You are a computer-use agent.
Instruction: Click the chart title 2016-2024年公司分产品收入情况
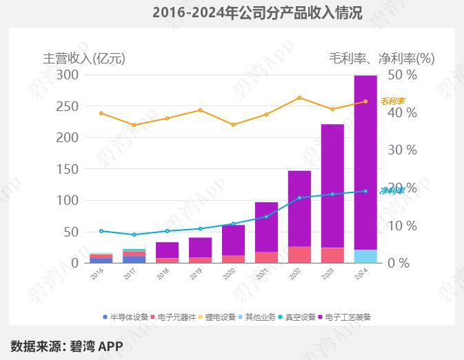pyautogui.click(x=256, y=13)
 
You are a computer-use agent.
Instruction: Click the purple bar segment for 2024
pyautogui.click(x=365, y=162)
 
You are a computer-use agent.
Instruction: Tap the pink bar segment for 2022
pyautogui.click(x=299, y=254)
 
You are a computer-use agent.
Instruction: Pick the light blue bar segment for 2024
pyautogui.click(x=365, y=257)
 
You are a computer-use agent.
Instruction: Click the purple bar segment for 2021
pyautogui.click(x=266, y=227)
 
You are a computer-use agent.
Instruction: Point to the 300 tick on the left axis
pyautogui.click(x=67, y=74)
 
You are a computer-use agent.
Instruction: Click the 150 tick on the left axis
pyautogui.click(x=67, y=169)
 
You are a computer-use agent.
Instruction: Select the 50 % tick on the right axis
pyautogui.click(x=403, y=74)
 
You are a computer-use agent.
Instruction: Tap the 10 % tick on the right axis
pyautogui.click(x=403, y=226)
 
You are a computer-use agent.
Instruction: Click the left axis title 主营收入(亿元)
pyautogui.click(x=84, y=58)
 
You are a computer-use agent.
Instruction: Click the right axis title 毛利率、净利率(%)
pyautogui.click(x=381, y=58)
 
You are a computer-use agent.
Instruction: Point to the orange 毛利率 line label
pyautogui.click(x=393, y=101)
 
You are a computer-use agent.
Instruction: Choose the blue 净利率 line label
pyautogui.click(x=392, y=190)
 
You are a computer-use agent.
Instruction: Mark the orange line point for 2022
pyautogui.click(x=299, y=98)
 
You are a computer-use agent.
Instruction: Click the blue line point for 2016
pyautogui.click(x=101, y=231)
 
